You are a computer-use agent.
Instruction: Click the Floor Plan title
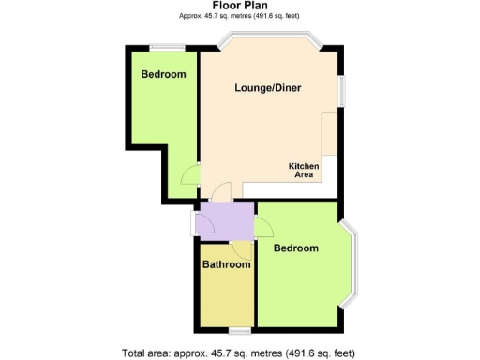point(239,6)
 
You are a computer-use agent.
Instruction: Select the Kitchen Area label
point(304,170)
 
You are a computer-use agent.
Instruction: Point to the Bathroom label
point(227,265)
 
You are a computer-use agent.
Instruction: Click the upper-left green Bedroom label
point(163,74)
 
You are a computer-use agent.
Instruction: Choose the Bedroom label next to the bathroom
point(295,248)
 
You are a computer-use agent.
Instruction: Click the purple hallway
point(225,222)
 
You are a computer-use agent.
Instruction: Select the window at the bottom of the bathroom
point(239,329)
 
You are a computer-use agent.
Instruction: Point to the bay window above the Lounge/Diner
point(269,41)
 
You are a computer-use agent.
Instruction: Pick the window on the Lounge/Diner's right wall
point(341,92)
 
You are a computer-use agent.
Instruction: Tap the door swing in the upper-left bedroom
point(191,175)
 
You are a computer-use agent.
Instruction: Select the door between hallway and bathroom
point(241,248)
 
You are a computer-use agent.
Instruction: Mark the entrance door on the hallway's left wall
point(194,224)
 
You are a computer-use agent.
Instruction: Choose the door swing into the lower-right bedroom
point(263,226)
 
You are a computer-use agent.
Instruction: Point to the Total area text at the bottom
point(239,352)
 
